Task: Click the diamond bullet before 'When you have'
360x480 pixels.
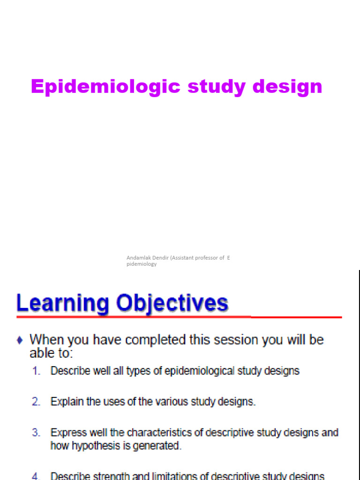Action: (x=20, y=339)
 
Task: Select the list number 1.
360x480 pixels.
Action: (x=37, y=371)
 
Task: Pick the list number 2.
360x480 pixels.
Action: (x=37, y=402)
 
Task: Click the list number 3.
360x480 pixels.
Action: (x=37, y=433)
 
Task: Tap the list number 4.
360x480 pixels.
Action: (x=37, y=476)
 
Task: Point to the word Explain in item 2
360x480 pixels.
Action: (x=65, y=402)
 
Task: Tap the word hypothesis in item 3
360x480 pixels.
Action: (x=92, y=445)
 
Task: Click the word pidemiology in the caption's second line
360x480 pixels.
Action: (x=142, y=264)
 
